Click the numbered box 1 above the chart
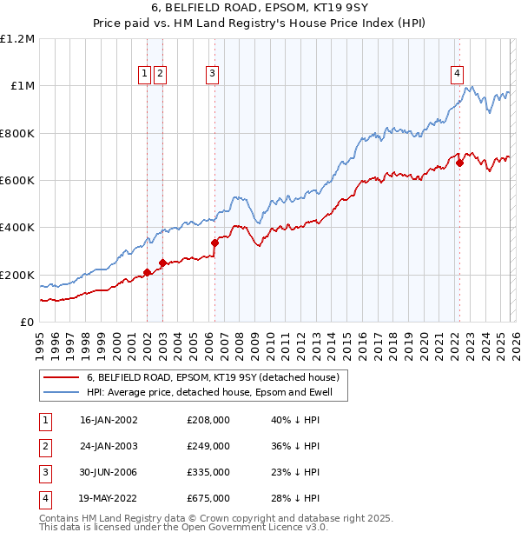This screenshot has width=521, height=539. (145, 75)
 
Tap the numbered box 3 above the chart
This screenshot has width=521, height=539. (212, 75)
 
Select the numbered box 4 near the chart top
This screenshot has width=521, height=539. (457, 75)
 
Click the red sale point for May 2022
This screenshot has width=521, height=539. (459, 163)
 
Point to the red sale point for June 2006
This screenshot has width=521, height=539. (214, 243)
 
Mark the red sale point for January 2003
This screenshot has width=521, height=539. (162, 263)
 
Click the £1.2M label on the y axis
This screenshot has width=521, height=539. (17, 39)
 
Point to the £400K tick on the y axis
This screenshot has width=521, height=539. (17, 228)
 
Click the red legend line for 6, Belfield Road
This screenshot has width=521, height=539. (60, 378)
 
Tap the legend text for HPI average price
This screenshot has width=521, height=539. (216, 393)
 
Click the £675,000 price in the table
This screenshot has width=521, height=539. (208, 498)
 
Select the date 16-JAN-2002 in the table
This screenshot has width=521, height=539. (109, 420)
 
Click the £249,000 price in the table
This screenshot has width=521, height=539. (208, 446)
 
